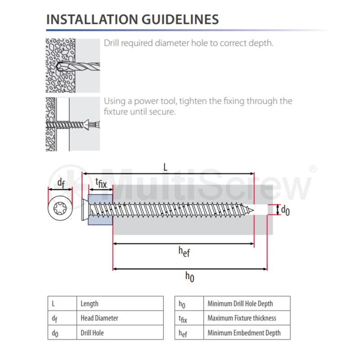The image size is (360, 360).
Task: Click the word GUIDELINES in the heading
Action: point(180,19)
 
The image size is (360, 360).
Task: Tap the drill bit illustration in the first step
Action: point(78,67)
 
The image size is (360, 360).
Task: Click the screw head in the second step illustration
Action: point(86,125)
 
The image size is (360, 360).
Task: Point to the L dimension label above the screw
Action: point(165,167)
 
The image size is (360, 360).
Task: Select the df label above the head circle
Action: point(61,183)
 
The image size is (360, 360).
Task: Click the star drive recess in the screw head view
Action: point(60,208)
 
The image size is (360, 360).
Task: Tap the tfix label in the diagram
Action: point(101,183)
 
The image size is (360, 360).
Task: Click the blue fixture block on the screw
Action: point(100,210)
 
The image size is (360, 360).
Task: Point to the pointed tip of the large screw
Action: point(253,210)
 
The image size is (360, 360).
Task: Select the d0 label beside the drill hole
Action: point(285,210)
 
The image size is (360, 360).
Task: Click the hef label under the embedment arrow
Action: point(184,252)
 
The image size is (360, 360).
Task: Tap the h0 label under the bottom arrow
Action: point(189,277)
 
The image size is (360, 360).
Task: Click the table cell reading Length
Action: point(120,303)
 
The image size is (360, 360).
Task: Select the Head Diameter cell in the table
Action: point(120,318)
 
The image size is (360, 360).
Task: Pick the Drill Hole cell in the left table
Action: point(120,333)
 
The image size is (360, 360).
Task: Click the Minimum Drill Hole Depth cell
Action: point(247,303)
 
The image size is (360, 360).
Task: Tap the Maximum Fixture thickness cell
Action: point(247,318)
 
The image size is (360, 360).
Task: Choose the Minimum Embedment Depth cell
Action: point(247,333)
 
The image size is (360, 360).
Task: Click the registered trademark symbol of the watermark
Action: point(312,169)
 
